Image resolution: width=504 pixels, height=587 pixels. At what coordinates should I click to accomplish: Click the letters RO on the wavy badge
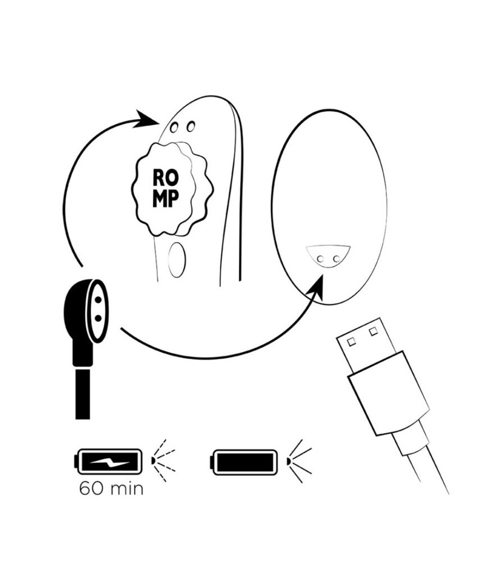pyautogui.click(x=165, y=178)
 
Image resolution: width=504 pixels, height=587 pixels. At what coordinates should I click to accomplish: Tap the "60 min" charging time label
pyautogui.click(x=111, y=489)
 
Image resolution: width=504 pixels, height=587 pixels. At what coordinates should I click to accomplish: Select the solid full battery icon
pyautogui.click(x=245, y=462)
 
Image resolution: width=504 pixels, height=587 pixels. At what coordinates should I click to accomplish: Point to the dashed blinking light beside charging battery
pyautogui.click(x=164, y=461)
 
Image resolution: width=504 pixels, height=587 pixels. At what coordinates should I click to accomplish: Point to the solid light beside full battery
pyautogui.click(x=299, y=461)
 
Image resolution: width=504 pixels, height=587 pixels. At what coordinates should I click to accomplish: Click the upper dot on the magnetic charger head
pyautogui.click(x=98, y=300)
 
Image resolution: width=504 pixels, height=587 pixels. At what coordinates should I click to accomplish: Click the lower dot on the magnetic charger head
pyautogui.click(x=98, y=318)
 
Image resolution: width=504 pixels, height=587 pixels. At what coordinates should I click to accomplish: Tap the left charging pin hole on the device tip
pyautogui.click(x=174, y=127)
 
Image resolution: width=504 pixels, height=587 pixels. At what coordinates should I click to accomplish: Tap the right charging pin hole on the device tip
pyautogui.click(x=191, y=126)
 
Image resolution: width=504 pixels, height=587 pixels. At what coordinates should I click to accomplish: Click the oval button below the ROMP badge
pyautogui.click(x=176, y=259)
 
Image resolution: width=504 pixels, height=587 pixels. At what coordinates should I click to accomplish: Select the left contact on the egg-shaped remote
pyautogui.click(x=320, y=259)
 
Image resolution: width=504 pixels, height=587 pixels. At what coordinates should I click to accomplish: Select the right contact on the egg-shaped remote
pyautogui.click(x=337, y=258)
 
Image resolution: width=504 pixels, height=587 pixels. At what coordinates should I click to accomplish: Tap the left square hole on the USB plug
pyautogui.click(x=351, y=342)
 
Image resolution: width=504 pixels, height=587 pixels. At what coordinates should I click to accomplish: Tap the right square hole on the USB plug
pyautogui.click(x=373, y=332)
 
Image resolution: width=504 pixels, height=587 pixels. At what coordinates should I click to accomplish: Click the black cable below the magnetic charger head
pyautogui.click(x=82, y=394)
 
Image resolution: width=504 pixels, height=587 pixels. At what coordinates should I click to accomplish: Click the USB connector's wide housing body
pyautogui.click(x=388, y=393)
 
